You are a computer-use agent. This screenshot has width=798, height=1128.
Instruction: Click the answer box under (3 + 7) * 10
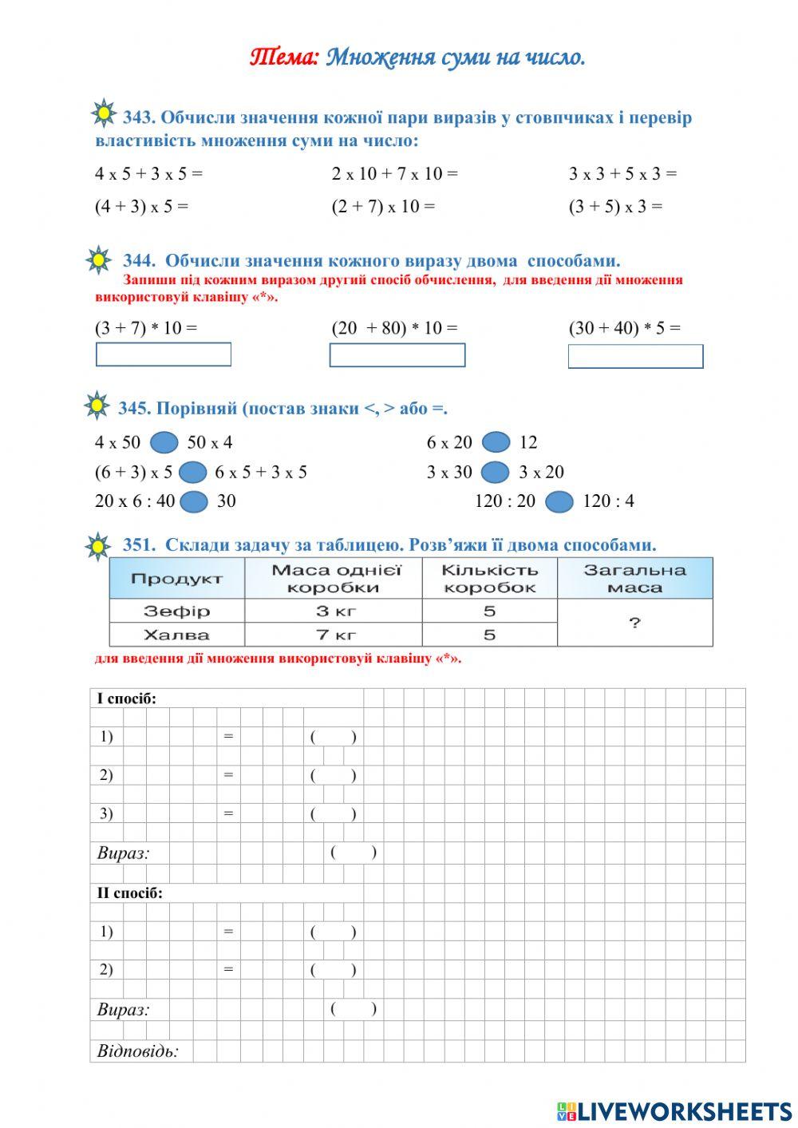coord(164,354)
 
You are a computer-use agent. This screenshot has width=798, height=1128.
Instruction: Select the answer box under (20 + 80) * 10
coord(397,355)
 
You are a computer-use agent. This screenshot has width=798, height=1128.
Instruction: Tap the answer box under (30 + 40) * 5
coord(635,356)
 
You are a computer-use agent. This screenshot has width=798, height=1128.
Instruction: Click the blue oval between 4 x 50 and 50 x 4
coord(164,442)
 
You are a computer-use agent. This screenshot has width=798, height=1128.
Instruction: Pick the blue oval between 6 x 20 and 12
coord(496,442)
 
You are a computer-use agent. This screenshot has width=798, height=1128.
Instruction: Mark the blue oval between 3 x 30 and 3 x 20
coord(495,472)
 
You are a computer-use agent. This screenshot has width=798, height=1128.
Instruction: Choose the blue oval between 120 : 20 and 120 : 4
coord(559,501)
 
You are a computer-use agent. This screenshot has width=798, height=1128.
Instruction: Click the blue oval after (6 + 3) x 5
coord(193,472)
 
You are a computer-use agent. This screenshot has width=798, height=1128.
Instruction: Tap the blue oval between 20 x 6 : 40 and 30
coord(193,501)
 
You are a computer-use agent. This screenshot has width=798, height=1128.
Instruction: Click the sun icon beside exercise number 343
coord(104,113)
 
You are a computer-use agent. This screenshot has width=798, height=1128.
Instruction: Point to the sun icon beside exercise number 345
coord(97,406)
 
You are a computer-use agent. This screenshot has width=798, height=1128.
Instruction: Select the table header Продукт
coord(176,579)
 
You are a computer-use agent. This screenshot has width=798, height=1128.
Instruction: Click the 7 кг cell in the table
coord(334,635)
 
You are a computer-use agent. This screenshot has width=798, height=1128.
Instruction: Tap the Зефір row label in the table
coord(176,611)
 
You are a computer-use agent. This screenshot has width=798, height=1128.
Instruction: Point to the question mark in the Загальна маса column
coord(634,623)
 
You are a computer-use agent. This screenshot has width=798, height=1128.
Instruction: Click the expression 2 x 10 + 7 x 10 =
coord(395,173)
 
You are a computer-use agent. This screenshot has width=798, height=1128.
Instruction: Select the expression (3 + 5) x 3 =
coord(615,206)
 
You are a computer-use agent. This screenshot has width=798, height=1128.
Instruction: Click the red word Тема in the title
coord(284,57)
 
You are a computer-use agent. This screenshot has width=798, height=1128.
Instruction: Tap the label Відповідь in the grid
coord(137,1051)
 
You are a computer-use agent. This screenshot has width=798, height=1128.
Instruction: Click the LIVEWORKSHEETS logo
coord(674,1111)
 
